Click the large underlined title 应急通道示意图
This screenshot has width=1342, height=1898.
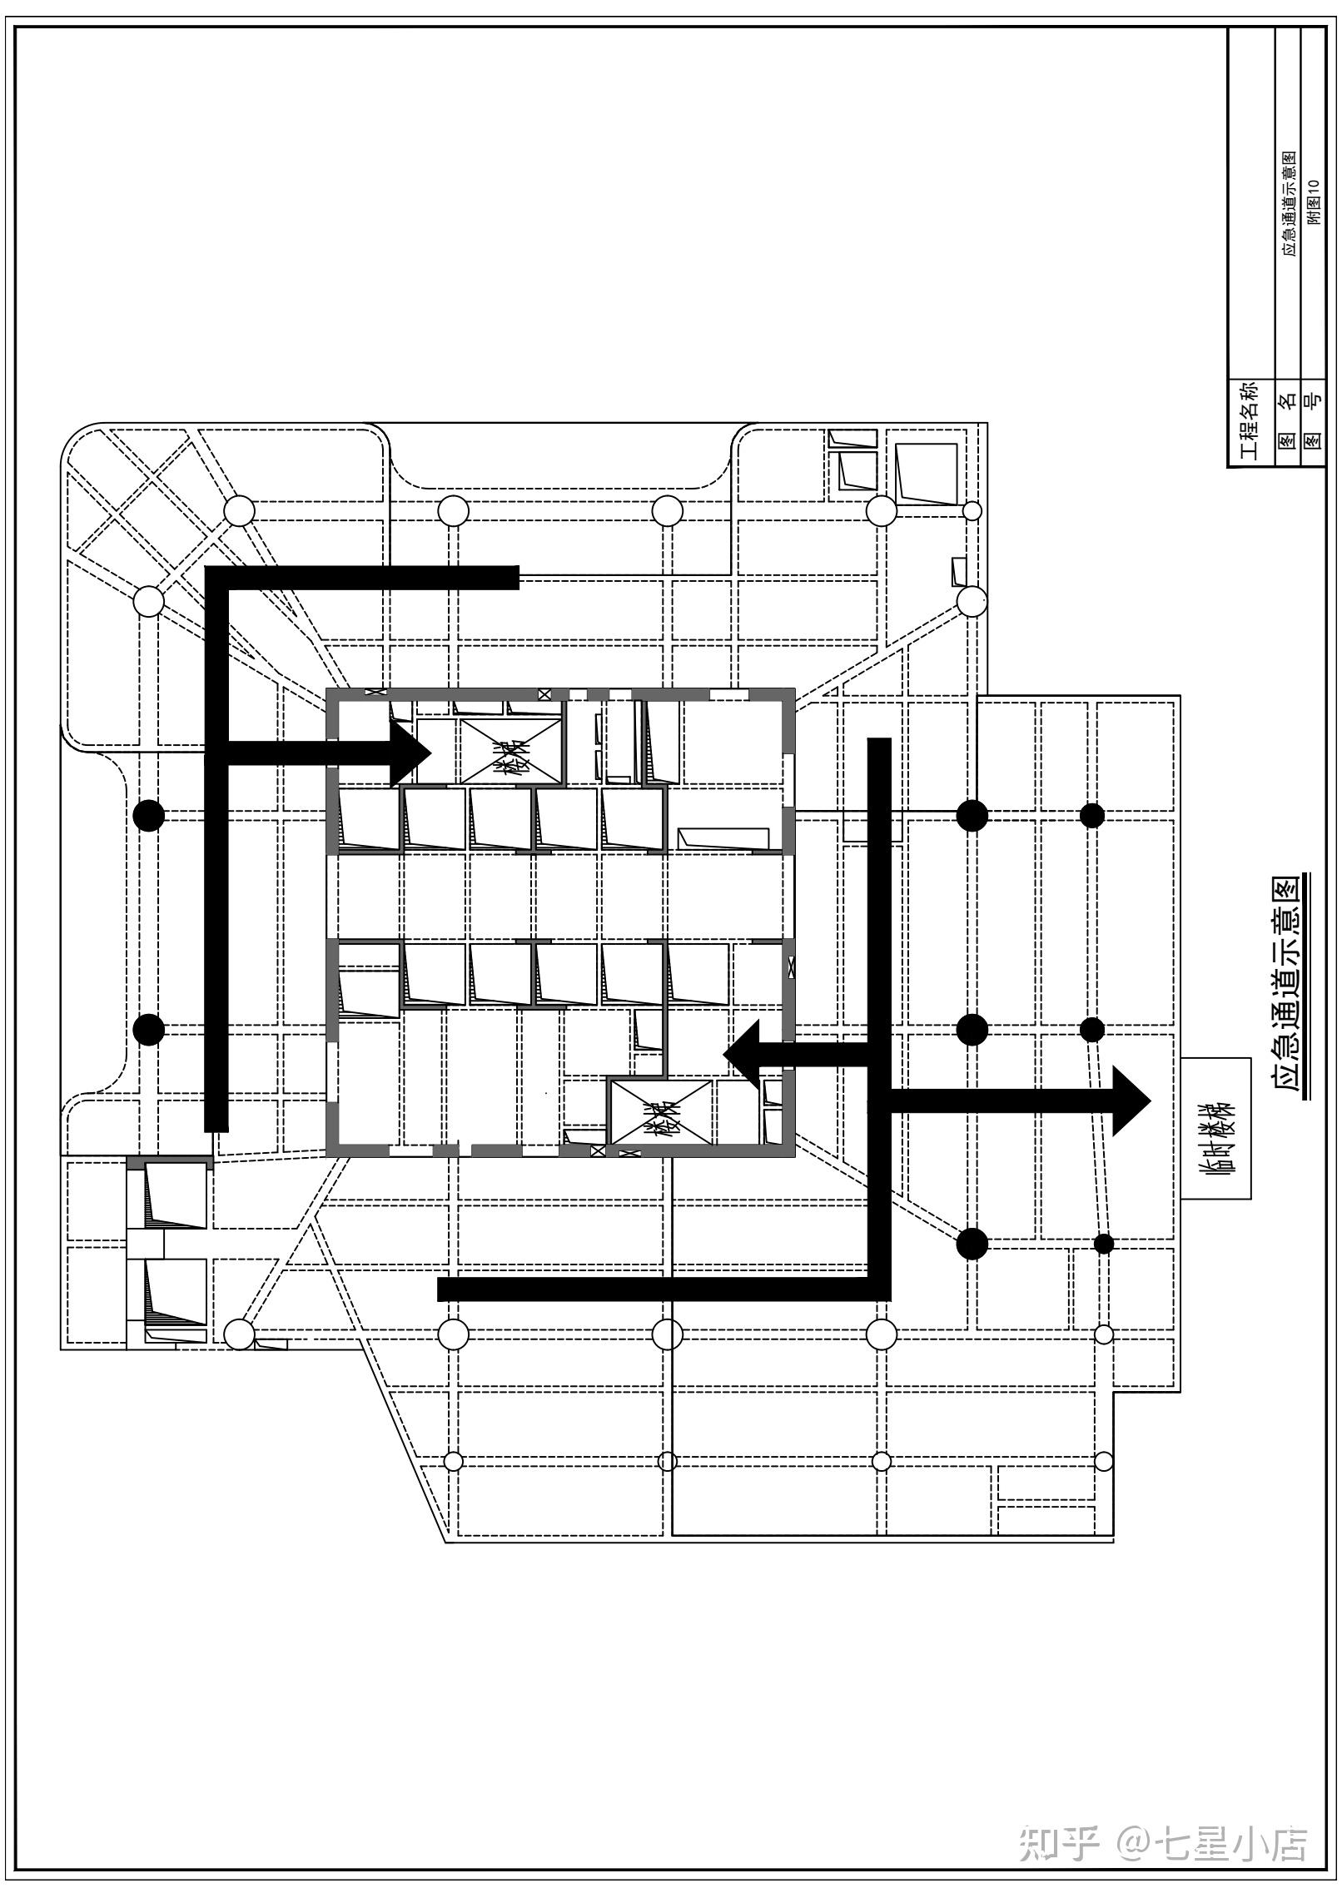point(1288,986)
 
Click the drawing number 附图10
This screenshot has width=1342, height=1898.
point(1314,202)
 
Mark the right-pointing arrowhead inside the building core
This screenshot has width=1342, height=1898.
point(411,753)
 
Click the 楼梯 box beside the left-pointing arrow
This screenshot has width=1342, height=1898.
point(662,1112)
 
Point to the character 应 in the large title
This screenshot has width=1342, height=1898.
point(1288,1085)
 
